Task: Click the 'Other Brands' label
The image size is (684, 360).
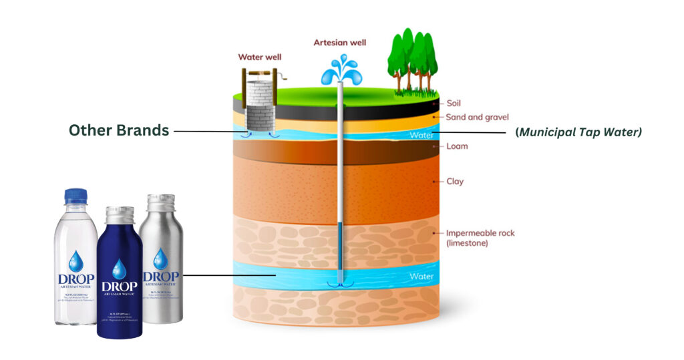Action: click(x=119, y=131)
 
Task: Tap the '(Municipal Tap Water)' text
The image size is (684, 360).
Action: click(x=578, y=132)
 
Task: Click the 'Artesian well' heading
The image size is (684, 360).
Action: click(x=340, y=43)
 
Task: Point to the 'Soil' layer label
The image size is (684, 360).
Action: click(x=454, y=104)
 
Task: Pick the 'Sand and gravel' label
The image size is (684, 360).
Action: click(x=478, y=118)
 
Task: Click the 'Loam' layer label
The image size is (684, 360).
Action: click(x=457, y=146)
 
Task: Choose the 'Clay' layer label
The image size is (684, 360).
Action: click(x=455, y=181)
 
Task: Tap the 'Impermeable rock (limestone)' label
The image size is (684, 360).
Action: click(x=480, y=238)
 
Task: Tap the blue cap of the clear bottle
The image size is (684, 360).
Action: click(x=75, y=196)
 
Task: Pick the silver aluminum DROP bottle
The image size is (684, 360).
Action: click(x=160, y=260)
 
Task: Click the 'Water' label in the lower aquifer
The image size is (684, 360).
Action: click(x=421, y=275)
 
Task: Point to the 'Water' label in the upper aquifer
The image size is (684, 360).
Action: click(x=422, y=135)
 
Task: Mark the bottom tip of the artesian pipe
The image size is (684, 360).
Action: click(x=340, y=283)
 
